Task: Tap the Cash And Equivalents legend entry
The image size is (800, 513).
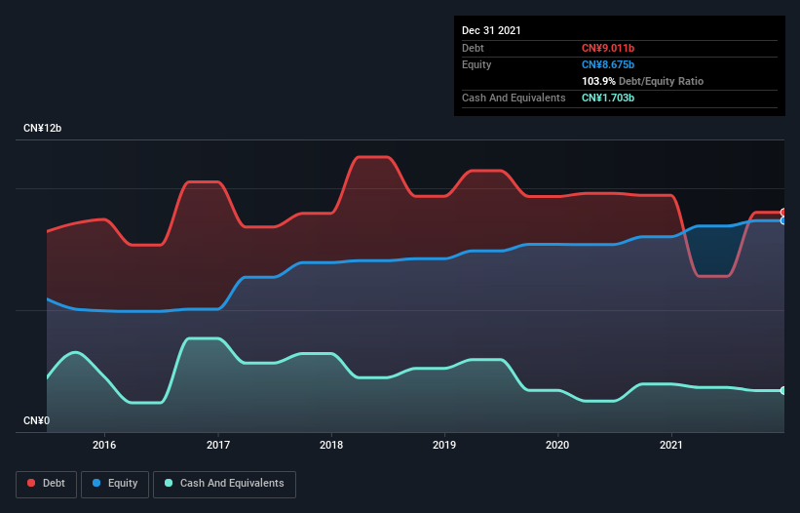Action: [224, 483]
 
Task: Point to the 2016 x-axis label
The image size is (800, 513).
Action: [104, 445]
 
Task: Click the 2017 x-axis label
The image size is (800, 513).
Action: [218, 445]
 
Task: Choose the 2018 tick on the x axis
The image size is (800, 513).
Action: [331, 445]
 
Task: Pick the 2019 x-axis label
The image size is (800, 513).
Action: [444, 445]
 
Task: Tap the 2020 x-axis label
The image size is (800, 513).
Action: [557, 445]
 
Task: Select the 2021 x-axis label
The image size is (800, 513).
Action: [671, 445]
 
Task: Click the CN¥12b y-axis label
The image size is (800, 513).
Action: [43, 129]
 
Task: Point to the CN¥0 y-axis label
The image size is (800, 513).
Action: [37, 421]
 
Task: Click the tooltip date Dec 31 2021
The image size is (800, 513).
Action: [491, 30]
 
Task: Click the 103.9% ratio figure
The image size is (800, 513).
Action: [599, 81]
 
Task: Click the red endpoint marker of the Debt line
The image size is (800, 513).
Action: [783, 213]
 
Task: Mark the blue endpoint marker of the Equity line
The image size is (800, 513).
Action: [783, 221]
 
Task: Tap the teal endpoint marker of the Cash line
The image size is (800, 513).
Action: [783, 391]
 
